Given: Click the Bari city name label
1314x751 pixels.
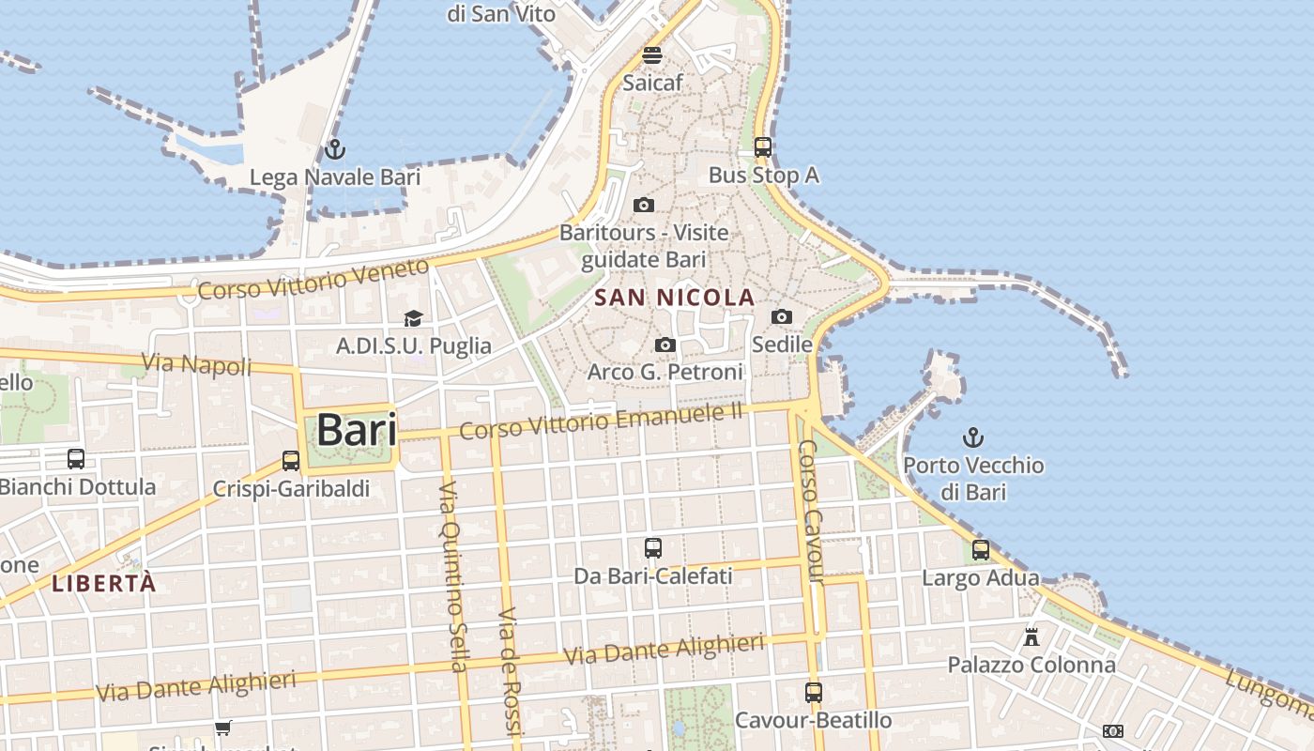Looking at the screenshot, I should [x=356, y=430].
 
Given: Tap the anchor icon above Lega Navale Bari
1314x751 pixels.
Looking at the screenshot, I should [x=334, y=149].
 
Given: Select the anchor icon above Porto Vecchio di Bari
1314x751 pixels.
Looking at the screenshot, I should [x=973, y=437].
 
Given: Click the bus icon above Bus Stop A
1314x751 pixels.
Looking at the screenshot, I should [x=763, y=146].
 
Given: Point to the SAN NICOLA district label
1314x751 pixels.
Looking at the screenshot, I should [x=675, y=298].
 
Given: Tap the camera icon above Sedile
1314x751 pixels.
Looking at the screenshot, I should [x=781, y=317].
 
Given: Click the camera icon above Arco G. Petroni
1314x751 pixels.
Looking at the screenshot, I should [x=665, y=345].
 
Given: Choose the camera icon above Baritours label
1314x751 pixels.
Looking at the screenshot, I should [x=644, y=205].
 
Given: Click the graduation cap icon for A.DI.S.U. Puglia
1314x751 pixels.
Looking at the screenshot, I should [x=413, y=319].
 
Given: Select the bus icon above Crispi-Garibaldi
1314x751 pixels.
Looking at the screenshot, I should [x=291, y=461].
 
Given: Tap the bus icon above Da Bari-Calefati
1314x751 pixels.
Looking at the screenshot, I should [x=652, y=548].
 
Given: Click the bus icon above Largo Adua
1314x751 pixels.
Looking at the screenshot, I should [x=981, y=550].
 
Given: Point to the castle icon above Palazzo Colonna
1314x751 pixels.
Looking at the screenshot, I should [x=1031, y=637].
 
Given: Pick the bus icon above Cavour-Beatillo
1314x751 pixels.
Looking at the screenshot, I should [x=813, y=693].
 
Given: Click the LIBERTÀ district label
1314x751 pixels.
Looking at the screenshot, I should [x=103, y=583].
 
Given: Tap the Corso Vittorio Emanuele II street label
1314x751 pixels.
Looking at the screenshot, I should [x=601, y=420].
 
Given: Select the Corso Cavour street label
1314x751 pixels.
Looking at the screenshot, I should [x=811, y=512].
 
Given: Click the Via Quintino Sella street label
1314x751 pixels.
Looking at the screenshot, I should [x=452, y=576].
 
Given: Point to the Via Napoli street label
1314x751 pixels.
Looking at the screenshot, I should [x=196, y=364].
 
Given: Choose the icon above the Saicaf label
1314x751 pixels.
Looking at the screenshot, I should [x=652, y=54].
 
